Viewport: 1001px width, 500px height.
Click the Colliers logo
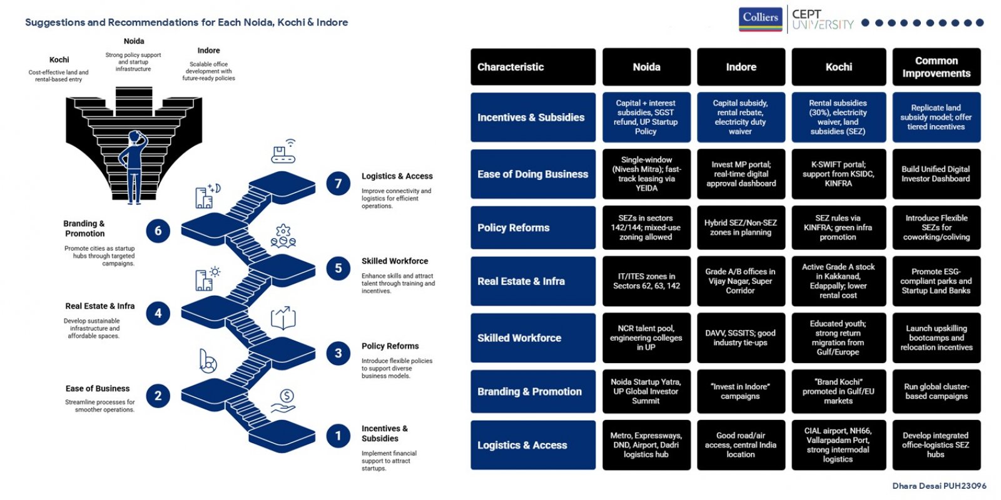[x=760, y=19]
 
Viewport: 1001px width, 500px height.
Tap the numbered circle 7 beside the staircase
[x=338, y=183]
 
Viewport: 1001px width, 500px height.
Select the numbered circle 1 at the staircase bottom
[x=338, y=435]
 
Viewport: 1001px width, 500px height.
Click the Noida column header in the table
[x=646, y=66]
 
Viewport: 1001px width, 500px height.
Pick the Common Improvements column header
[x=936, y=66]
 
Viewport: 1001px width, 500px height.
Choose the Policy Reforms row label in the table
[x=532, y=227]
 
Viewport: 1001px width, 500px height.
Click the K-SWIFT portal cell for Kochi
[x=838, y=174]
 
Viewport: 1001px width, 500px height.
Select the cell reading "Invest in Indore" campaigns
[x=741, y=391]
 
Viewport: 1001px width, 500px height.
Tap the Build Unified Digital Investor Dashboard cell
[x=936, y=174]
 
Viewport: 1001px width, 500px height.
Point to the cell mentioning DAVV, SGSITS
[x=741, y=337]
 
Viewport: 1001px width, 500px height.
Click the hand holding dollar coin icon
[x=283, y=401]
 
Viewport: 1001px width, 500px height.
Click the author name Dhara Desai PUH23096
[x=939, y=486]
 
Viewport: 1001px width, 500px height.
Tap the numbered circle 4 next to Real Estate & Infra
[x=158, y=313]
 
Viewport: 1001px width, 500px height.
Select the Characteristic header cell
[x=532, y=66]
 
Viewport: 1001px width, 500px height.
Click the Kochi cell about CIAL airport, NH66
[x=838, y=444]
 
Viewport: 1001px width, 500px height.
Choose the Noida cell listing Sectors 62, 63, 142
[x=646, y=281]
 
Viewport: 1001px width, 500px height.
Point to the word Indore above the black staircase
[x=208, y=51]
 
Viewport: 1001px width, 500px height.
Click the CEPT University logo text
[x=822, y=19]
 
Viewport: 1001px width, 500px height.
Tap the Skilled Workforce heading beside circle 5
[x=395, y=261]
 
